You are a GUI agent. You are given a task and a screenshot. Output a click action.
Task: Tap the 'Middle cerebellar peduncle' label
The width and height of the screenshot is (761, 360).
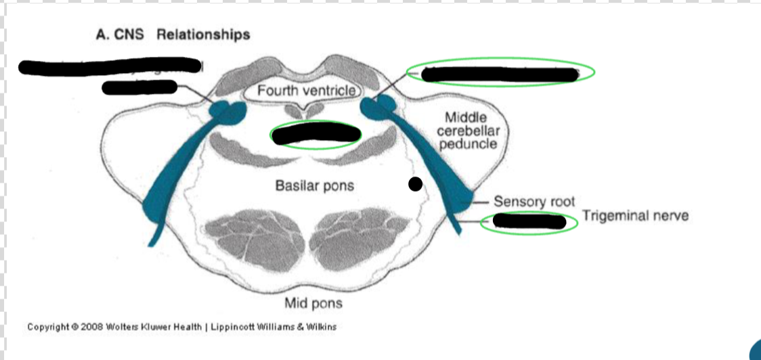(466, 131)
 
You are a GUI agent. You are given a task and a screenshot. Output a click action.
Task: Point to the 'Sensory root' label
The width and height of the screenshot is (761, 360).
(534, 202)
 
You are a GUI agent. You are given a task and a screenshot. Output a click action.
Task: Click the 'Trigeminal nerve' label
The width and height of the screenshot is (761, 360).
(635, 216)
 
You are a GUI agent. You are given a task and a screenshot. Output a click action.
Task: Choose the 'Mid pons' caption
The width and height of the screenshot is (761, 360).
(313, 302)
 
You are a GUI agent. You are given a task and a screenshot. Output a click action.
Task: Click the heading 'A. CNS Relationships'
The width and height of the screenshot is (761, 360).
(173, 35)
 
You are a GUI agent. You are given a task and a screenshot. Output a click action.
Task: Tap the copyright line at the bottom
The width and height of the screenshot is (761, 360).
(181, 328)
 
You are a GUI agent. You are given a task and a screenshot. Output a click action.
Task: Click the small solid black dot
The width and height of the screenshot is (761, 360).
(415, 183)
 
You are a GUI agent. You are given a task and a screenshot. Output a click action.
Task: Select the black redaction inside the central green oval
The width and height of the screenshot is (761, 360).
(316, 135)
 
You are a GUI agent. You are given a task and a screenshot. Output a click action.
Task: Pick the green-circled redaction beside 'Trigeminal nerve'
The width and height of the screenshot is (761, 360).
(529, 221)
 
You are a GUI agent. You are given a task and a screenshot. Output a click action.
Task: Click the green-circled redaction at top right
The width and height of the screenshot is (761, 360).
(500, 73)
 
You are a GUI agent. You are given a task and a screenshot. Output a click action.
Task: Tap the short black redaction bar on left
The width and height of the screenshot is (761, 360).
(139, 87)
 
